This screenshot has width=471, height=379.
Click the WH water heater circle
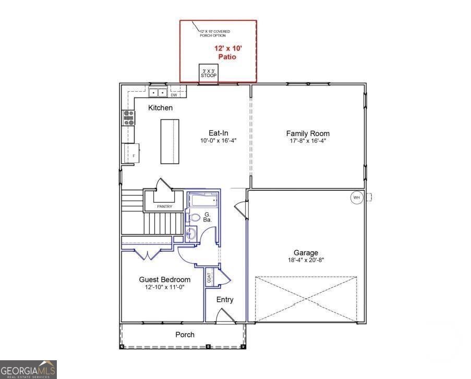[357, 198]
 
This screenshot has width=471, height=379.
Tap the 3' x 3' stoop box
[209, 74]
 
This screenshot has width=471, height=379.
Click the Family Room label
[308, 133]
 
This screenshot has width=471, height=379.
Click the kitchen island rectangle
[170, 141]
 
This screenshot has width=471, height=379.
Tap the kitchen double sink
[158, 93]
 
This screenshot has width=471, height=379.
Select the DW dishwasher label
[174, 95]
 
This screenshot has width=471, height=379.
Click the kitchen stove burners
[128, 117]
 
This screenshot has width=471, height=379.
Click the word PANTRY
[165, 206]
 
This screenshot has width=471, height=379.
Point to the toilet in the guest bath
[194, 218]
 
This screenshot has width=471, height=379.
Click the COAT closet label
[210, 277]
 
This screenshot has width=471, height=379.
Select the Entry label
[225, 300]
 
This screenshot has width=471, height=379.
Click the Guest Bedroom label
[164, 280]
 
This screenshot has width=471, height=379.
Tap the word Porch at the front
[185, 335]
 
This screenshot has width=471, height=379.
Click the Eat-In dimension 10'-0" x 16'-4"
[218, 141]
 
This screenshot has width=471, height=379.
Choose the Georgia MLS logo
[28, 369]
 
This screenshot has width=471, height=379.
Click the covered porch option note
[214, 33]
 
